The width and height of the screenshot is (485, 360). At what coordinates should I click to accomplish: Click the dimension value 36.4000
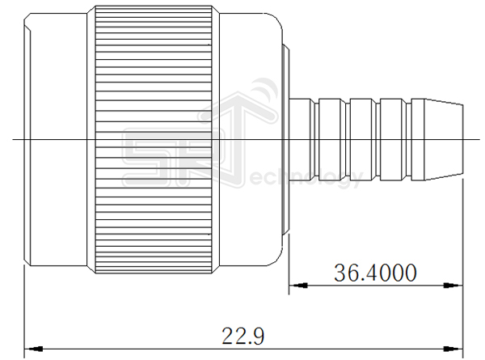coord(375,273)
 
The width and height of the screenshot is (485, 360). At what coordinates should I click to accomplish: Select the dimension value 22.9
coord(242,335)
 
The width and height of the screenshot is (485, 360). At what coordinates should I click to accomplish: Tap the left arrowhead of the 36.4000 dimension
coord(296,285)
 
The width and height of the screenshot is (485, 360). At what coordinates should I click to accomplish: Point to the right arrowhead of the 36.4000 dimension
coord(458,285)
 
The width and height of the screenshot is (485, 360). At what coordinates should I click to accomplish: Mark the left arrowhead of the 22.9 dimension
coord(29,345)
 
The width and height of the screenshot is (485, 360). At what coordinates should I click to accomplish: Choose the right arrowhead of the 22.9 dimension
coord(458,345)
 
